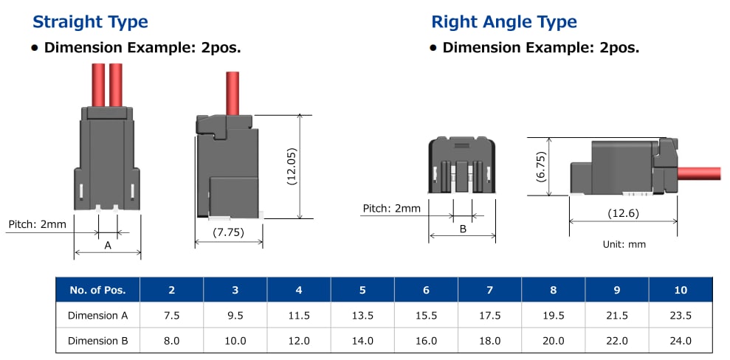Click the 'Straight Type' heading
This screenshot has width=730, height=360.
tap(90, 22)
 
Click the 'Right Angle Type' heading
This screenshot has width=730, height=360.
tap(503, 22)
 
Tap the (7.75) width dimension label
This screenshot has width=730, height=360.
tap(229, 232)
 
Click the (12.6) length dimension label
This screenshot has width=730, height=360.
tap(623, 213)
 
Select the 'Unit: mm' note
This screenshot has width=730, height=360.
tap(623, 244)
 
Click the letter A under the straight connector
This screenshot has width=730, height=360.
tap(108, 245)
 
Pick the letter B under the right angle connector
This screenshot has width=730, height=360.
tap(463, 229)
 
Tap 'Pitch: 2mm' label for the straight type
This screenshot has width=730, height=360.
tap(38, 224)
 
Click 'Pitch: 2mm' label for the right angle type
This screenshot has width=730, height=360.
tap(391, 208)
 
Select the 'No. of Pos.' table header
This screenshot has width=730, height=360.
tap(97, 290)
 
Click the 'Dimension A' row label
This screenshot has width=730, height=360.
tap(97, 316)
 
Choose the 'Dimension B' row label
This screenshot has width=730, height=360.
tap(97, 341)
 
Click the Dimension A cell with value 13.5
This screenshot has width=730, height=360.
tap(362, 316)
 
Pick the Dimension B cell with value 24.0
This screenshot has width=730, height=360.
tap(680, 341)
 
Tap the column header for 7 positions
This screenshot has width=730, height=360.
tap(489, 290)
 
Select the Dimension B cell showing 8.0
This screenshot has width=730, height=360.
tap(172, 341)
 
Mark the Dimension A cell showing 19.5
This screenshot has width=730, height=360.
tap(553, 316)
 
